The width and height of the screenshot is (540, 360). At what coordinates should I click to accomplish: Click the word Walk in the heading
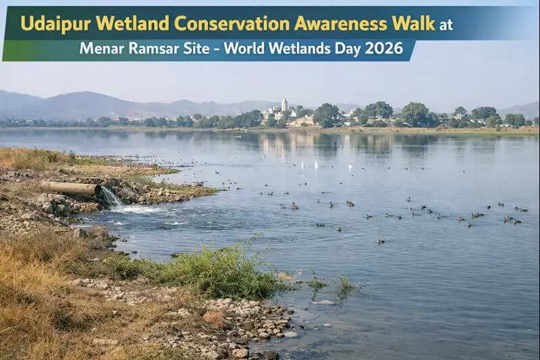412,24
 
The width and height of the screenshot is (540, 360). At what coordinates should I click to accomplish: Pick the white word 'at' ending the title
446,25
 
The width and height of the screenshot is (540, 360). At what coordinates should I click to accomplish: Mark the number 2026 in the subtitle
384,49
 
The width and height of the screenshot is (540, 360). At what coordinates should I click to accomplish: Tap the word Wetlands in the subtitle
296,49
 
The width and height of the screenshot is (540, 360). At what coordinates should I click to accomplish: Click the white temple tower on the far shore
284,105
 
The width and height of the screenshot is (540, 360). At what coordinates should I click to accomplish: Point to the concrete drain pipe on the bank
70,188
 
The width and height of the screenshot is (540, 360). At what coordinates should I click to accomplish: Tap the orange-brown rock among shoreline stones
213,317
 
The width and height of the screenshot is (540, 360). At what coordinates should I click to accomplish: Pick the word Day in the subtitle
344,49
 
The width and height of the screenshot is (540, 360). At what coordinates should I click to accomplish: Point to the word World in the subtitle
245,49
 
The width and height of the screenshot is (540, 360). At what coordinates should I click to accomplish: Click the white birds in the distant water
317,164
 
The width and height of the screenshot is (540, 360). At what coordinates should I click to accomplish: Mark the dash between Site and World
217,49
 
